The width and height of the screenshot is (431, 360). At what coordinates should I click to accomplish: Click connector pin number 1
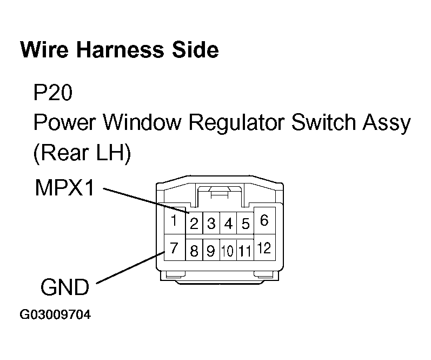[174, 221]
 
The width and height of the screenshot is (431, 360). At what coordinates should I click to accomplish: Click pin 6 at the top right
[264, 220]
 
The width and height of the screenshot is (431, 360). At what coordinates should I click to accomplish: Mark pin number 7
[174, 248]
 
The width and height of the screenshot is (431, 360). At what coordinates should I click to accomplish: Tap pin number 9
[211, 251]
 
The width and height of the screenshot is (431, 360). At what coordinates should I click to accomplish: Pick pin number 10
[228, 251]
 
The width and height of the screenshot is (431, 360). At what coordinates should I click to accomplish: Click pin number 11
[245, 251]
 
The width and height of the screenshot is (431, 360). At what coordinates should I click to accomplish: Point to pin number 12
[264, 248]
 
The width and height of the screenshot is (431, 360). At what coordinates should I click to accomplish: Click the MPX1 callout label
[64, 188]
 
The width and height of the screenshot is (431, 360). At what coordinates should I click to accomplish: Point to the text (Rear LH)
[82, 154]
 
